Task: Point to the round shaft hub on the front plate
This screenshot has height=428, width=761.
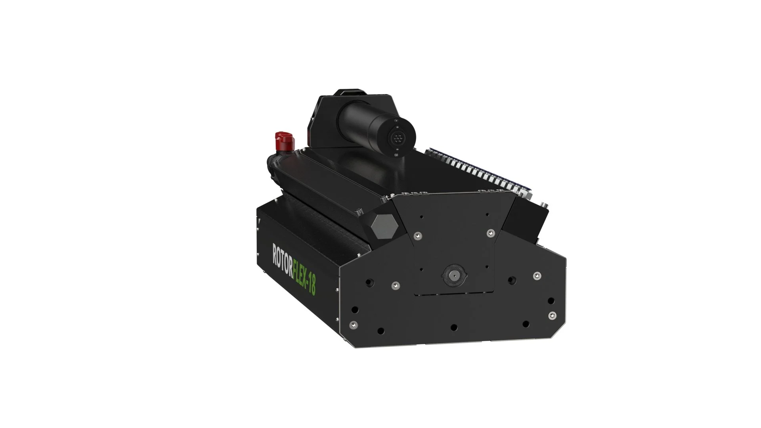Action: coord(453,273)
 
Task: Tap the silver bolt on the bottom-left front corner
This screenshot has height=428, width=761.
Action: coord(351,325)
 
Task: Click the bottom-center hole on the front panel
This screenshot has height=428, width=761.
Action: coord(454,327)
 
